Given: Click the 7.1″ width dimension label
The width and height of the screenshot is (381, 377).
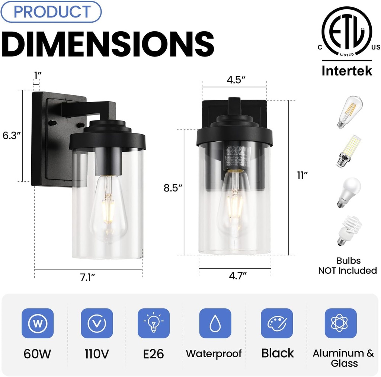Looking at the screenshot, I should (x=88, y=278).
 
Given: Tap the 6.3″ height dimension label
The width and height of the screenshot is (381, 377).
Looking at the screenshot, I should (x=12, y=136).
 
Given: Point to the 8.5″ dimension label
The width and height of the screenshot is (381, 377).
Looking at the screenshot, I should (x=173, y=188).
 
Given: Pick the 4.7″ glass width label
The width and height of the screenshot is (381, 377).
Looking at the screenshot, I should (x=238, y=275).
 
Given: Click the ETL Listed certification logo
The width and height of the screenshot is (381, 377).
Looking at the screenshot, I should (x=347, y=33).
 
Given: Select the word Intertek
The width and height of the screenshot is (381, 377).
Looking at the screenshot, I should (x=347, y=71).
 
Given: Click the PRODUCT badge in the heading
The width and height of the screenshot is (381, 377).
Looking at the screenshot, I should (x=52, y=12).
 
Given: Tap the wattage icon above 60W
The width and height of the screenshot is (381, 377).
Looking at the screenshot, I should (x=38, y=323).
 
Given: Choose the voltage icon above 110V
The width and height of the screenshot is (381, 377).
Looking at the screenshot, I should (x=97, y=323).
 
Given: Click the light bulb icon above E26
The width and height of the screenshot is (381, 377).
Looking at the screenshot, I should (x=154, y=323).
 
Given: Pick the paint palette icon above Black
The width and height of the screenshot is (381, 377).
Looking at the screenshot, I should (x=277, y=323).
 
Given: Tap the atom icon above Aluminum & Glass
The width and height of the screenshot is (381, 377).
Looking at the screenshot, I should (x=340, y=323).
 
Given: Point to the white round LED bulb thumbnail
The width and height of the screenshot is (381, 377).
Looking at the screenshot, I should (x=349, y=192).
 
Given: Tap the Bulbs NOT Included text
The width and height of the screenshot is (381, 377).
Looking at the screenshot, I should (x=348, y=266).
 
